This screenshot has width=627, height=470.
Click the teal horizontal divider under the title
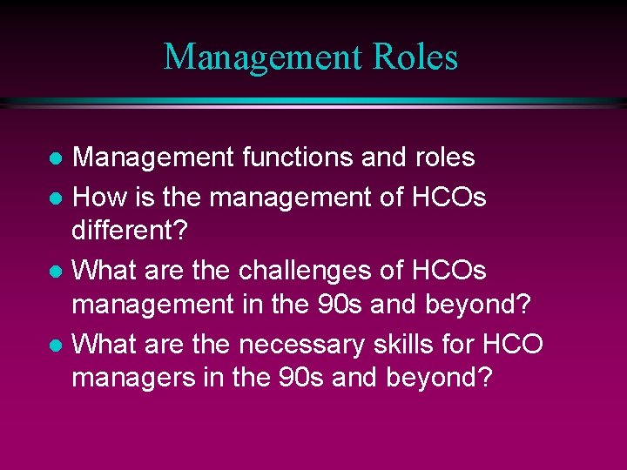coord(313,102)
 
